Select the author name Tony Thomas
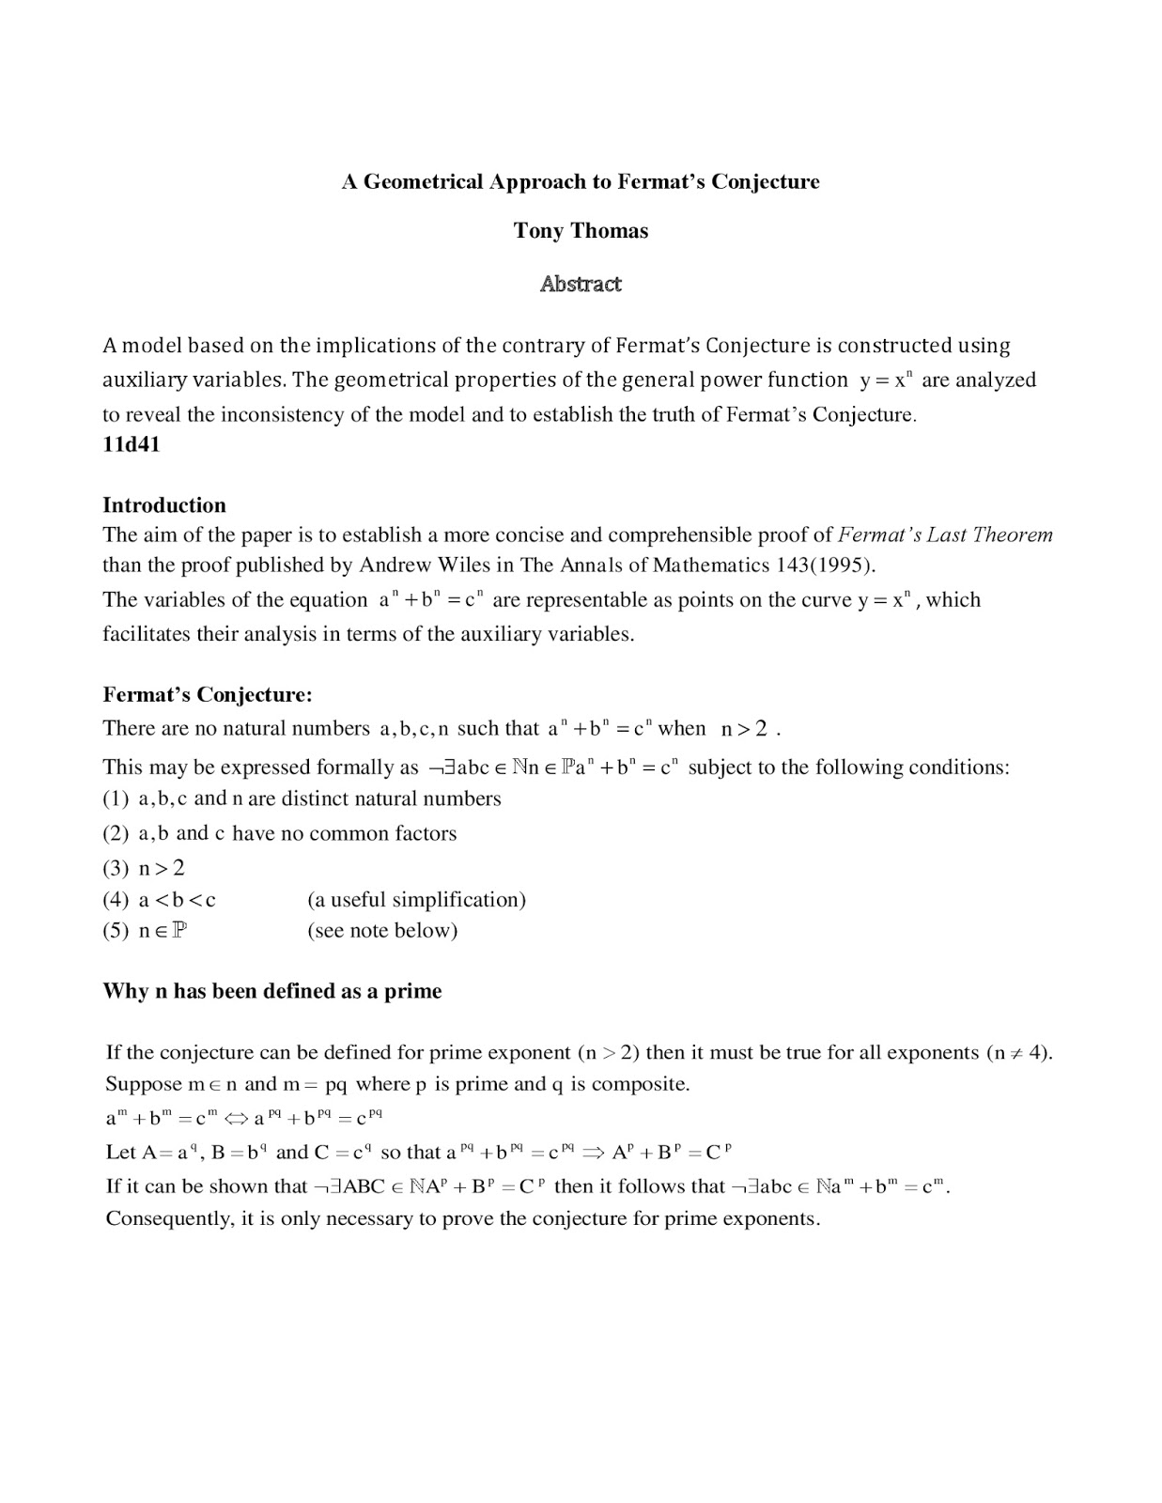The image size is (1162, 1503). tap(581, 231)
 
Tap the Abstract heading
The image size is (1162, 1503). tap(581, 284)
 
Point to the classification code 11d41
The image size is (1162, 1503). tap(132, 444)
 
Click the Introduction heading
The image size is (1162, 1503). tap(164, 505)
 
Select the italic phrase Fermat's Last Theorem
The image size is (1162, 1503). tap(945, 535)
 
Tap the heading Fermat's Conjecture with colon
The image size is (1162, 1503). tap(208, 695)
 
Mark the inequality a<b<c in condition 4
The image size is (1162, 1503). tap(178, 900)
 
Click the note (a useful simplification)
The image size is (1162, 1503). tap(416, 900)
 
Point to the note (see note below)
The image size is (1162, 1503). tap(382, 931)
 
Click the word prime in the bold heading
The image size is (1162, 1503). tap(412, 991)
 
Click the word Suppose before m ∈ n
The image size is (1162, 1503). tap(144, 1084)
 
